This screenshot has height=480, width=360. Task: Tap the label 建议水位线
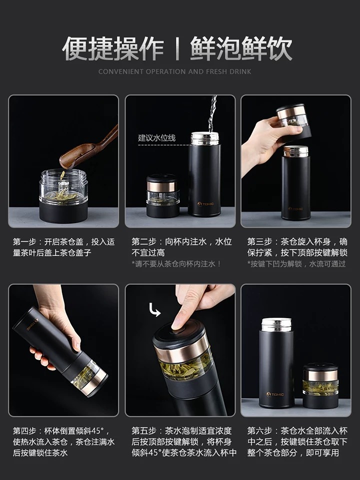156,138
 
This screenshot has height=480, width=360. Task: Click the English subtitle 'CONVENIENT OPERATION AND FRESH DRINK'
175,71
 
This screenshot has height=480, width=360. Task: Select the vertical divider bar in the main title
177,48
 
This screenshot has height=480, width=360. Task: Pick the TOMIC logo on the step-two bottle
205,203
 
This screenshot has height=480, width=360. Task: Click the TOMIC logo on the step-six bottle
275,394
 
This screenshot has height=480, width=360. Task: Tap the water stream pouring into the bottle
212,114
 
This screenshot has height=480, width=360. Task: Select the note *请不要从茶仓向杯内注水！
176,263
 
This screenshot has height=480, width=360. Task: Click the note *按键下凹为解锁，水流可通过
296,263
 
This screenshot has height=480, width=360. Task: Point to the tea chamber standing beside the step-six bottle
320,385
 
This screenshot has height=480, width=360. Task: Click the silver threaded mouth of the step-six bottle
276,325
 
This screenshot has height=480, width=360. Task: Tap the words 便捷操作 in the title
113,48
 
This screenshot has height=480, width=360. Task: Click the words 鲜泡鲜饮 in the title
241,48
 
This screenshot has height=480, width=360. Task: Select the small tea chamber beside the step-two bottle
162,196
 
